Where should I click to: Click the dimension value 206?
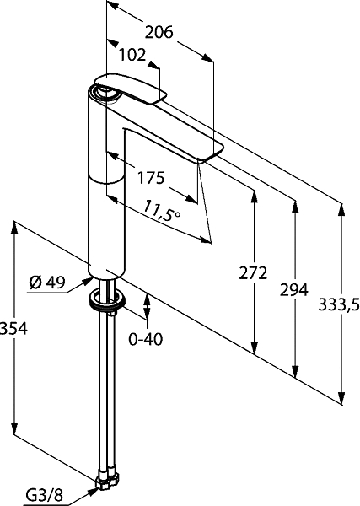pyautogui.click(x=159, y=32)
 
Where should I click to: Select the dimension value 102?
pyautogui.click(x=132, y=55)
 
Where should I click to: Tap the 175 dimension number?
pyautogui.click(x=151, y=177)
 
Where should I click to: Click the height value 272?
pyautogui.click(x=253, y=273)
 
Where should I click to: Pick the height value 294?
pyautogui.click(x=294, y=289)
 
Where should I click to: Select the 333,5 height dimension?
pyautogui.click(x=339, y=304)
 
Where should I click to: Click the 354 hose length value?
pyautogui.click(x=13, y=329)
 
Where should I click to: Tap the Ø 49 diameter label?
pyautogui.click(x=47, y=283)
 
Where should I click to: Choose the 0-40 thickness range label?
pyautogui.click(x=146, y=339)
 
